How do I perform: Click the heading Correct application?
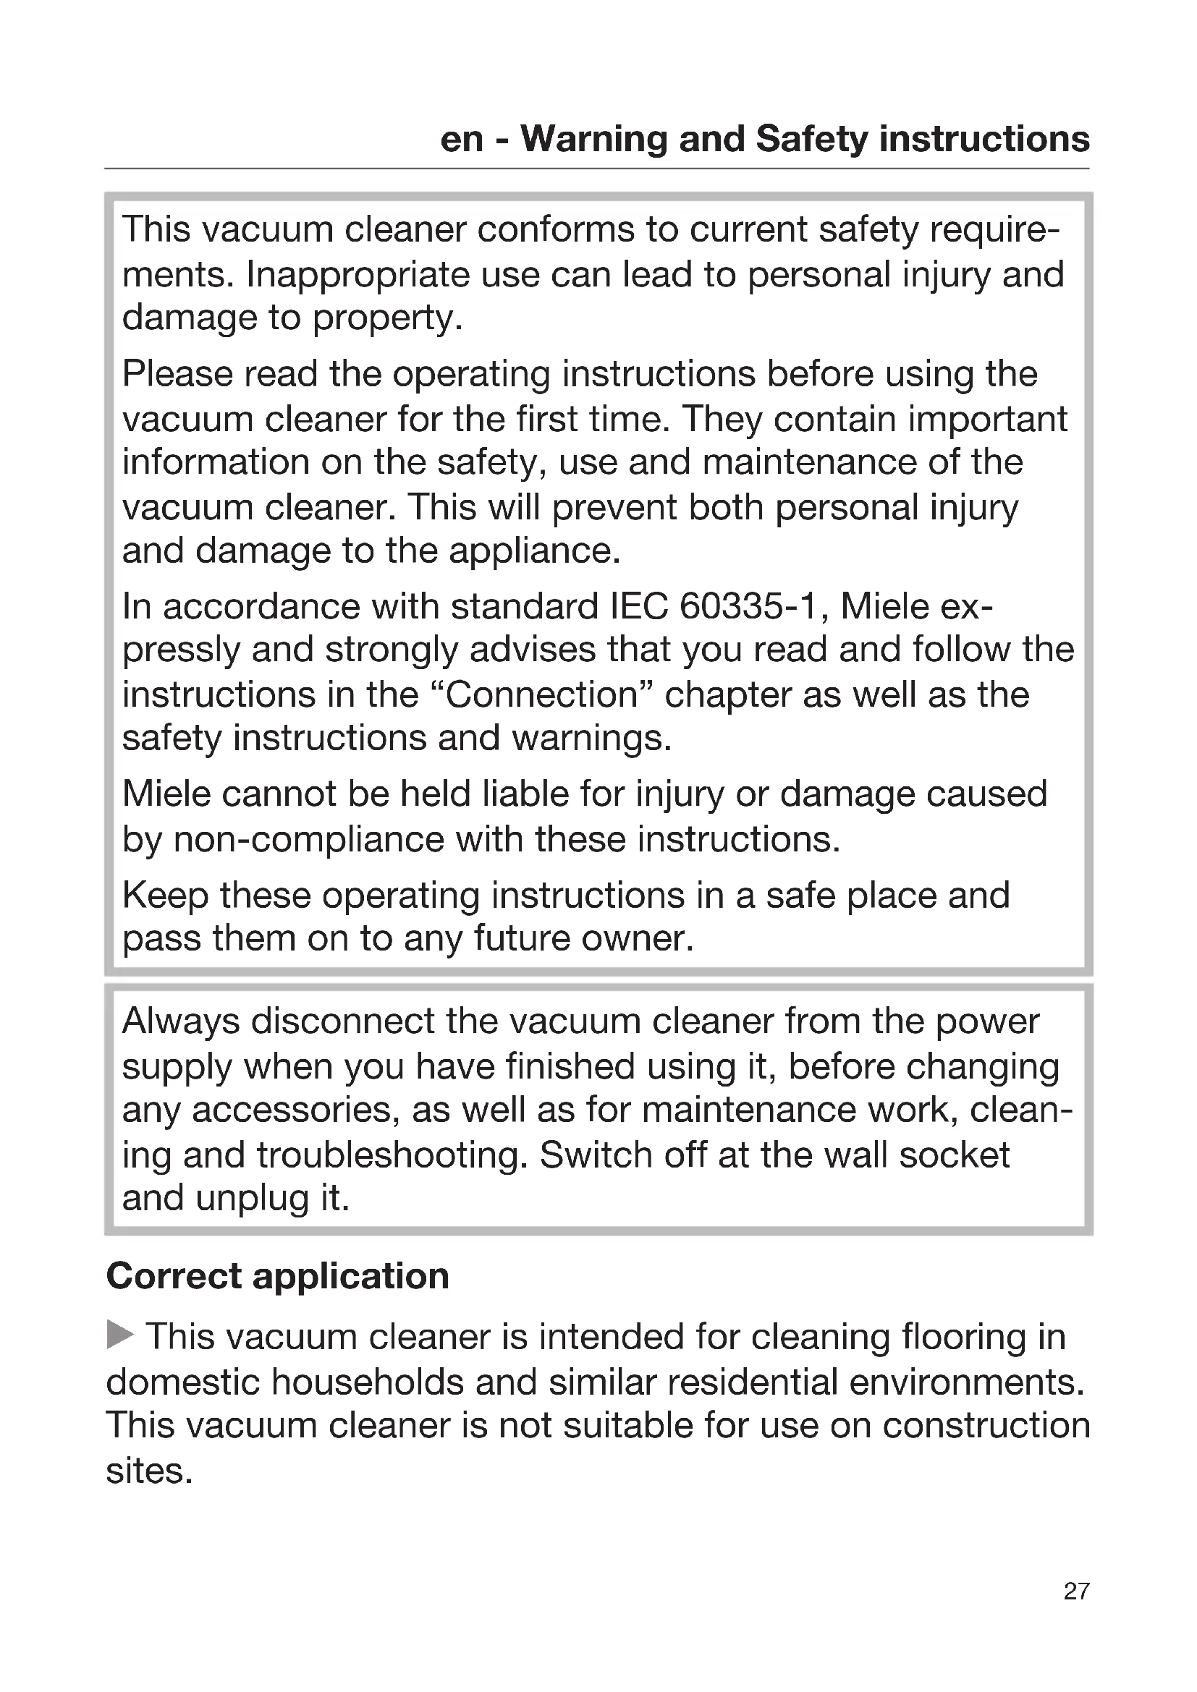277,1275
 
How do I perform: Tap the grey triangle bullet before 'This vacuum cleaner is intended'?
120,1335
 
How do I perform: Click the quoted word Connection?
542,695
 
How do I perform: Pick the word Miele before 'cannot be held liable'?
166,794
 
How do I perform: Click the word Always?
181,1021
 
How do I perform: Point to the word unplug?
251,1198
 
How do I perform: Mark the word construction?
986,1424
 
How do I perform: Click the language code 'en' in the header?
461,139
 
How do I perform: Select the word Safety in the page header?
811,139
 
